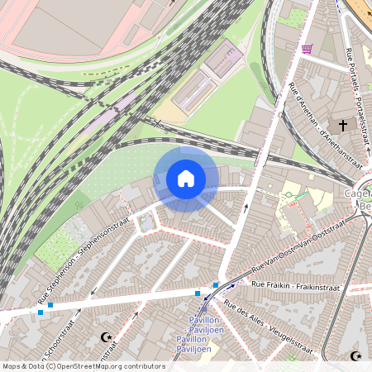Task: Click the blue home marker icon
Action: pos(186,179)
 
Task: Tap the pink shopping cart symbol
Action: pos(308,49)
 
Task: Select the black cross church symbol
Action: pos(342,125)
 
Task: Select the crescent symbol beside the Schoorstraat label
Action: pos(105,337)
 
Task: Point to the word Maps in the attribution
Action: pos(12,366)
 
